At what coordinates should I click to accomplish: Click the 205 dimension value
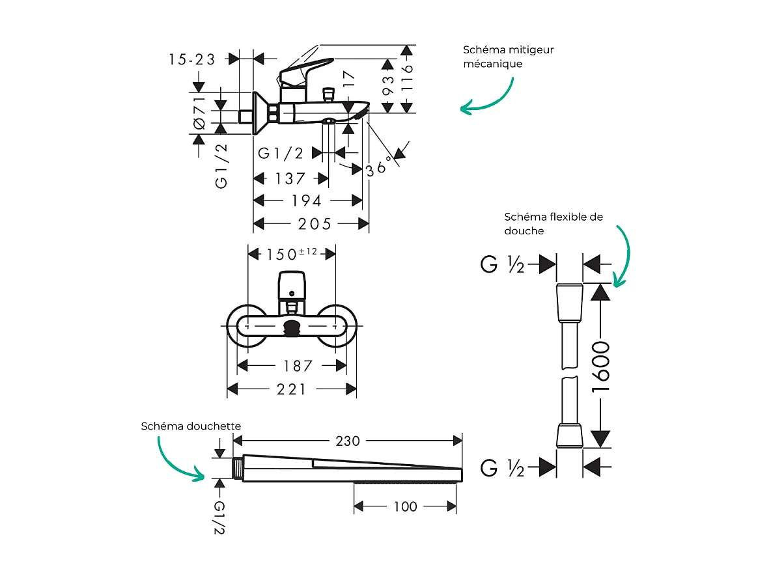click(x=315, y=224)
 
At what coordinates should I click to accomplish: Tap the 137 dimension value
click(x=290, y=178)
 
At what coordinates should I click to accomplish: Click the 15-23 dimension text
click(x=192, y=59)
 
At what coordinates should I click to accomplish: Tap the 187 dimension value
click(x=298, y=366)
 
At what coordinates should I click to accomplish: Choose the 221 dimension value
click(x=291, y=389)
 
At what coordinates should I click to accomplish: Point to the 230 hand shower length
click(x=348, y=441)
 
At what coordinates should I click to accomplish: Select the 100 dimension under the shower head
click(x=405, y=506)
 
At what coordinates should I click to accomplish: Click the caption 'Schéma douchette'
click(x=191, y=426)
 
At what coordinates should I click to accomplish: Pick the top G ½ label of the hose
click(x=502, y=265)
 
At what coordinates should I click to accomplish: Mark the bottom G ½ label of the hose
click(x=502, y=467)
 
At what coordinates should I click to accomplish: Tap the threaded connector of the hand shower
click(x=237, y=467)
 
